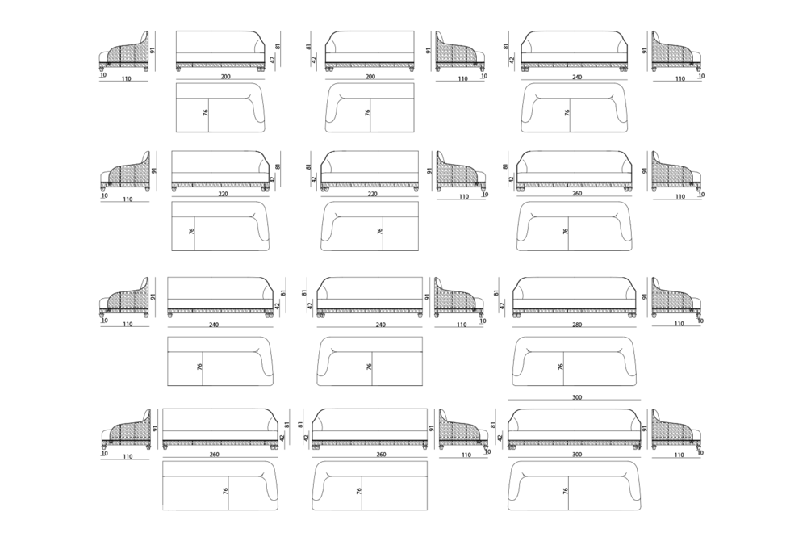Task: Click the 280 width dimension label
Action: (x=577, y=325)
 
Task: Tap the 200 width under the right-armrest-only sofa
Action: (x=225, y=77)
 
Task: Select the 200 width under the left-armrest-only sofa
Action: (x=370, y=77)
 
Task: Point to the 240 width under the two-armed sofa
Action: (x=577, y=78)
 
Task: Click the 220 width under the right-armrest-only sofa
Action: (x=223, y=194)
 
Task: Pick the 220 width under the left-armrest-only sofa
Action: (x=373, y=194)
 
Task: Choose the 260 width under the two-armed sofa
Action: (x=577, y=194)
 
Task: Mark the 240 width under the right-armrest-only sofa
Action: (x=214, y=325)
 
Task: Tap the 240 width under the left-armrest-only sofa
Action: (x=381, y=325)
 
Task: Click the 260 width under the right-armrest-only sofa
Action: (x=214, y=455)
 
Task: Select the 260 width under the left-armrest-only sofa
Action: (x=381, y=455)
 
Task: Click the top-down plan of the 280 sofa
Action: (x=575, y=362)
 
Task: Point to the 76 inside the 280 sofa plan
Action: (x=561, y=367)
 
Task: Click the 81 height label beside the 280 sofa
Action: (x=496, y=292)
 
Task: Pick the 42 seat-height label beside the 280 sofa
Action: (x=502, y=305)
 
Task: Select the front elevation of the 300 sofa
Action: (x=575, y=430)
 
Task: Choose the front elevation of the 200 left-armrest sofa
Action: (x=370, y=51)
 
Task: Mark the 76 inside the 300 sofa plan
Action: (x=565, y=491)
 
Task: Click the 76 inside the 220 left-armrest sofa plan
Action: (x=380, y=231)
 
